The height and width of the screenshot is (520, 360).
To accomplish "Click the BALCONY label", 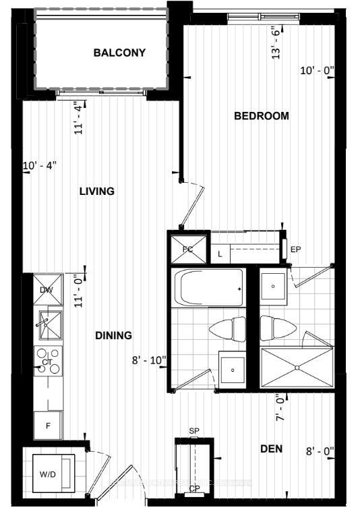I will tap(119, 53).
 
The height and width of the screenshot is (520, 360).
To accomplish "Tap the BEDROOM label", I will tap(261, 116).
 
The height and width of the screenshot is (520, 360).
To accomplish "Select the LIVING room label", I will tap(96, 192).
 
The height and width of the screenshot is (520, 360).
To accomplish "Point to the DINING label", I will tap(113, 335).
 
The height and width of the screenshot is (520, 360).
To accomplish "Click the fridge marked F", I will tap(48, 426).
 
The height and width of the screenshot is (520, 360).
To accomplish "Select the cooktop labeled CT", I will tap(48, 362).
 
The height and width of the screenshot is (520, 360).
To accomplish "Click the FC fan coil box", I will tap(188, 248).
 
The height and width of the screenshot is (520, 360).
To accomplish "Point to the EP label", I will tap(295, 250).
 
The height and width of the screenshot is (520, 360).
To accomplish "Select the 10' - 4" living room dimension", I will tap(40, 165).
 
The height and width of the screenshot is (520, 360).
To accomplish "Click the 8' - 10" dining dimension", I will tap(149, 360).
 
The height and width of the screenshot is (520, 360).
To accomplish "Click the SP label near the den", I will tap(194, 430).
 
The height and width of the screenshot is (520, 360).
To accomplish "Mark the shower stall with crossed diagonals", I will tap(297, 368).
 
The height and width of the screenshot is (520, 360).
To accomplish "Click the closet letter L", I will tap(220, 254).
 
